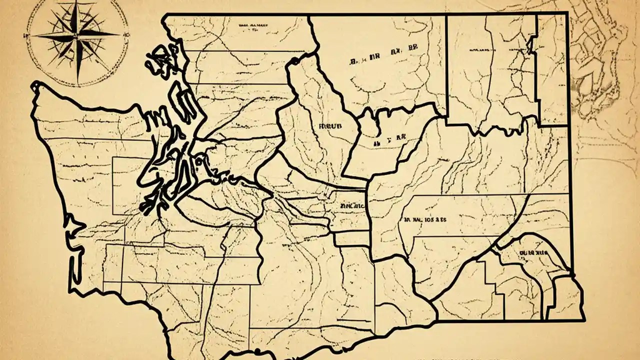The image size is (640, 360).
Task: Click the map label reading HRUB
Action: click(x=329, y=126)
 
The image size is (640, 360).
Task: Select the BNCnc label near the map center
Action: click(x=352, y=205)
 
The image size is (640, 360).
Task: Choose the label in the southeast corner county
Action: click(x=534, y=253)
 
